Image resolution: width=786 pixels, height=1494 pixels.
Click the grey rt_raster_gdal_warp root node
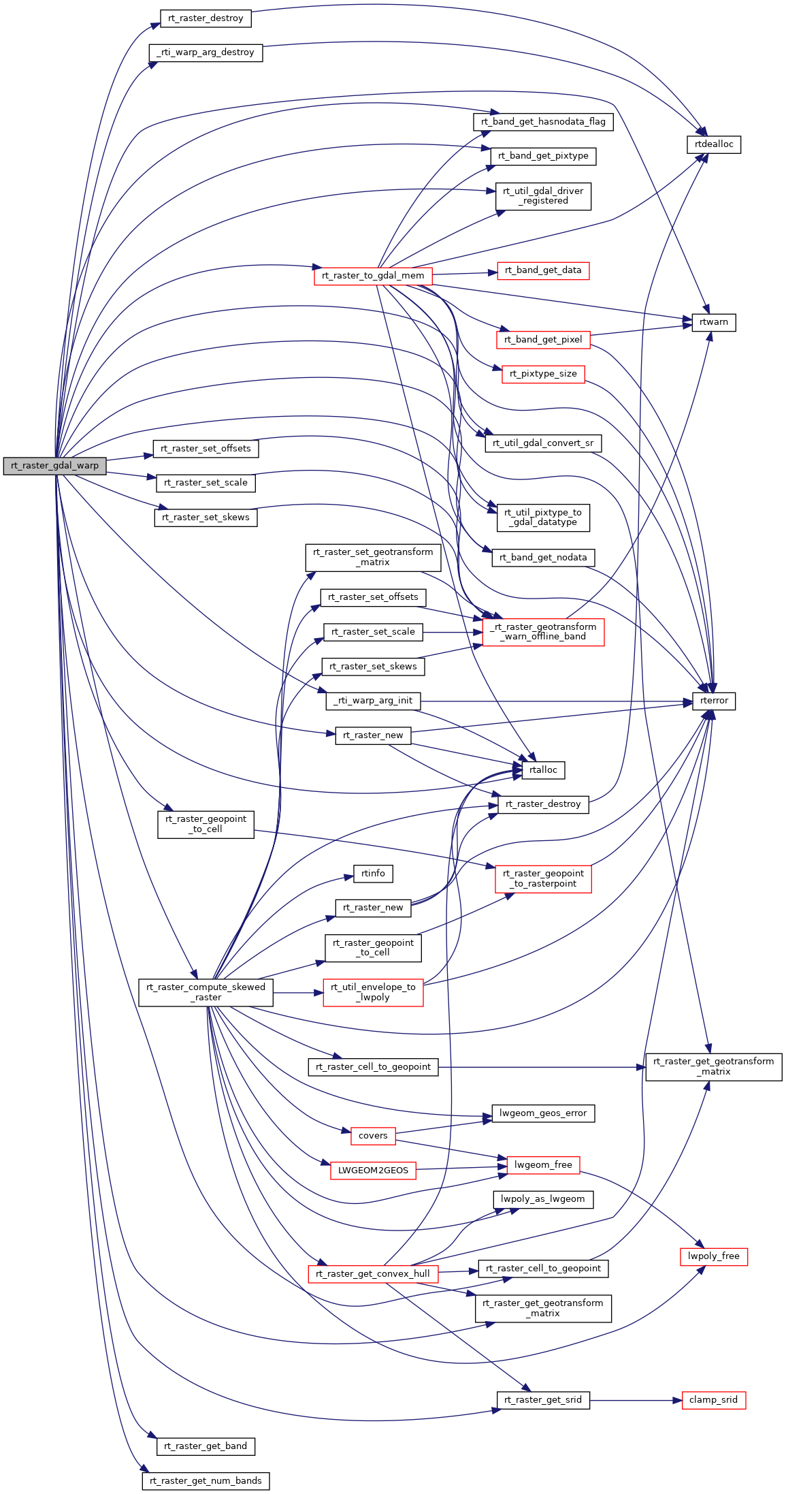coord(54,466)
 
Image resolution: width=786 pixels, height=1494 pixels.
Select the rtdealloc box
coord(714,144)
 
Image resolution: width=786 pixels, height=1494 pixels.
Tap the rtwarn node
coord(714,322)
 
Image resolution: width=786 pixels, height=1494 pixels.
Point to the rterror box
coord(714,701)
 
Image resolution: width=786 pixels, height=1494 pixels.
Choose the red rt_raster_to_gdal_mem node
coord(372,276)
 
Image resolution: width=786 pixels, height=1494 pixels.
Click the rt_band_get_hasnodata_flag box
coord(543,122)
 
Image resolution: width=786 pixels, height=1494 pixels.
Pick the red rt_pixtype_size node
coord(543,374)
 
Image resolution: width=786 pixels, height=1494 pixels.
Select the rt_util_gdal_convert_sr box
coord(543,443)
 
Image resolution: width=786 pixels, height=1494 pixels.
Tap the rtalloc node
coord(543,770)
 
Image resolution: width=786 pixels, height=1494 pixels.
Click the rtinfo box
coord(373,874)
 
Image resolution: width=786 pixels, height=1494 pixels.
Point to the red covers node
coord(373,1136)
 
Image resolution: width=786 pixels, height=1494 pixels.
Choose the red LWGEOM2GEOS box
coord(373,1171)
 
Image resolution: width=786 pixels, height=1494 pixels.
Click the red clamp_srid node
coord(713,1400)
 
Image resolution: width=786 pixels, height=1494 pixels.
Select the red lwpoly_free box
coord(713,1256)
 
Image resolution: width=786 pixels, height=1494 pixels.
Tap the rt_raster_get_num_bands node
coord(206,1481)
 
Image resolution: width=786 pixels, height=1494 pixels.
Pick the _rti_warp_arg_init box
coord(373,701)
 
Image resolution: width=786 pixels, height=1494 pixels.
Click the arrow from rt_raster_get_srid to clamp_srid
coord(636,1401)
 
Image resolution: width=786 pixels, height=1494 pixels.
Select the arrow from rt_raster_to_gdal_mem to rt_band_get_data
coord(461,274)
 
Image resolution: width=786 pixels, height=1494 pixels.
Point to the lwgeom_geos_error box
coord(543,1113)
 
